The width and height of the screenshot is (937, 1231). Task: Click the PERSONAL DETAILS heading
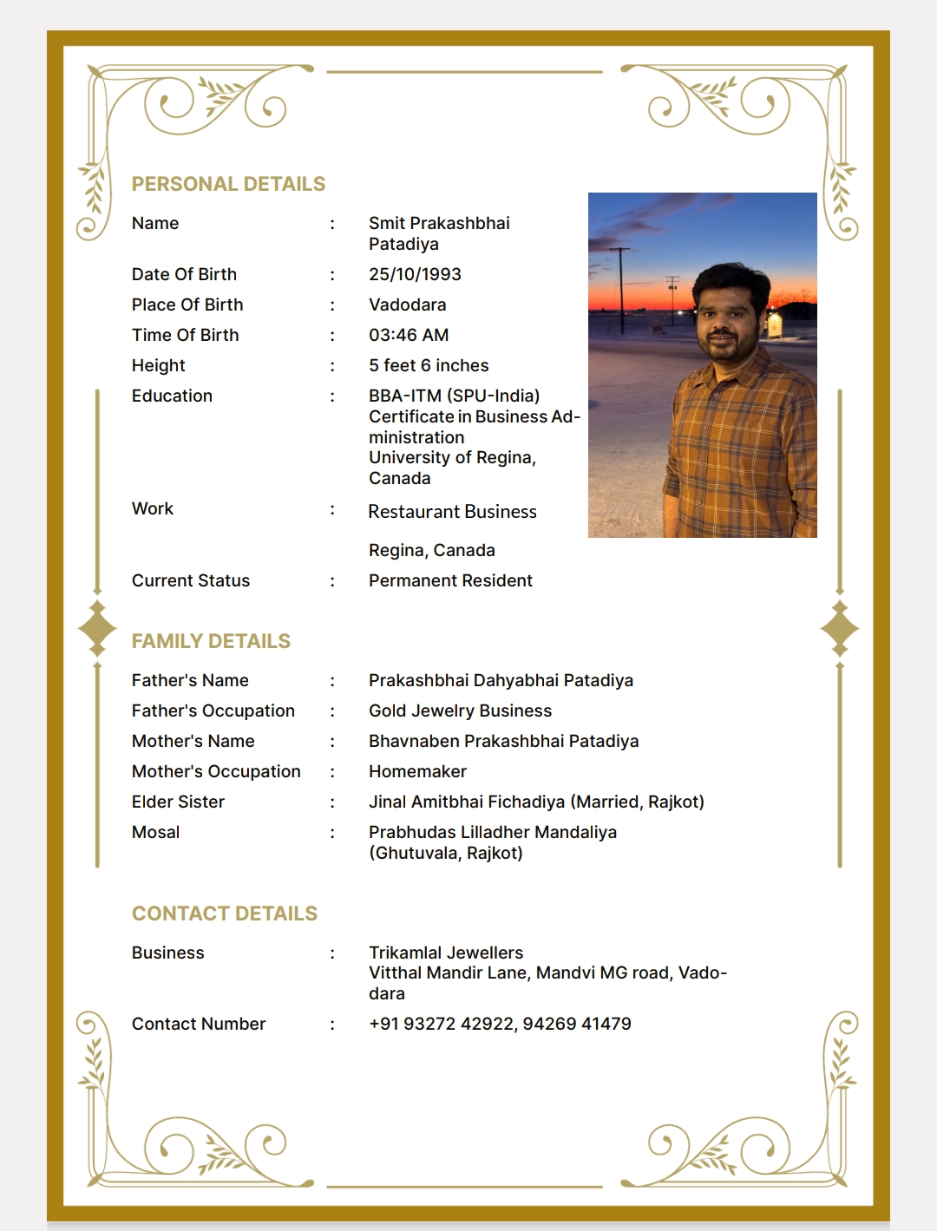(228, 184)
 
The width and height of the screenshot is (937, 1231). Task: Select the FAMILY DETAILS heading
(211, 641)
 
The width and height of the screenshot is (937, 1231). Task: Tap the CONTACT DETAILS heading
(224, 913)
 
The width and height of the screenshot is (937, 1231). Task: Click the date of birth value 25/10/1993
(415, 274)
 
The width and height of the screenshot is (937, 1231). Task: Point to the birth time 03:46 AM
(409, 335)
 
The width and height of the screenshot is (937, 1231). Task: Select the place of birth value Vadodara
(407, 304)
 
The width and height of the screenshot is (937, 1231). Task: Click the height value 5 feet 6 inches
(429, 365)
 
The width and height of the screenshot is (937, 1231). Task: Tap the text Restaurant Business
(452, 512)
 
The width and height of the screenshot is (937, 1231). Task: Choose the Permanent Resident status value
(450, 580)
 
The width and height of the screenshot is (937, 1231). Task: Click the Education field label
(172, 396)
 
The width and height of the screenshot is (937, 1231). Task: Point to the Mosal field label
(155, 832)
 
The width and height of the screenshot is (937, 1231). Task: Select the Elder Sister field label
(178, 802)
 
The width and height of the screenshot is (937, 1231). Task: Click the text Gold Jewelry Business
(460, 710)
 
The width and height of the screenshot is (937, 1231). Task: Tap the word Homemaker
(417, 771)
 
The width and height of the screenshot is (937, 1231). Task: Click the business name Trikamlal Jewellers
(446, 953)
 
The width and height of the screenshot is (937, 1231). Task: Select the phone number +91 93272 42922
(442, 1024)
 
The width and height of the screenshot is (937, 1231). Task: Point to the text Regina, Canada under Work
(431, 550)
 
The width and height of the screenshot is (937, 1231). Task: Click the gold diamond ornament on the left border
(97, 628)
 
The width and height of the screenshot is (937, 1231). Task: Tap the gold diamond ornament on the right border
(839, 628)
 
